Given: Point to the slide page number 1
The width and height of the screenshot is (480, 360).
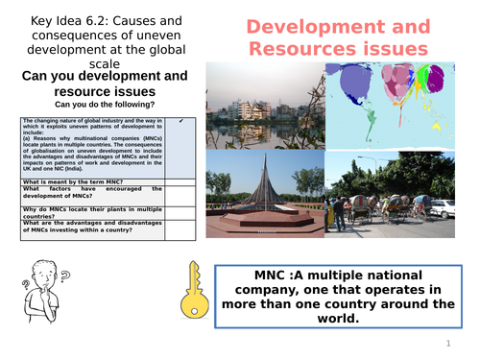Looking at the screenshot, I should point(447,343).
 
